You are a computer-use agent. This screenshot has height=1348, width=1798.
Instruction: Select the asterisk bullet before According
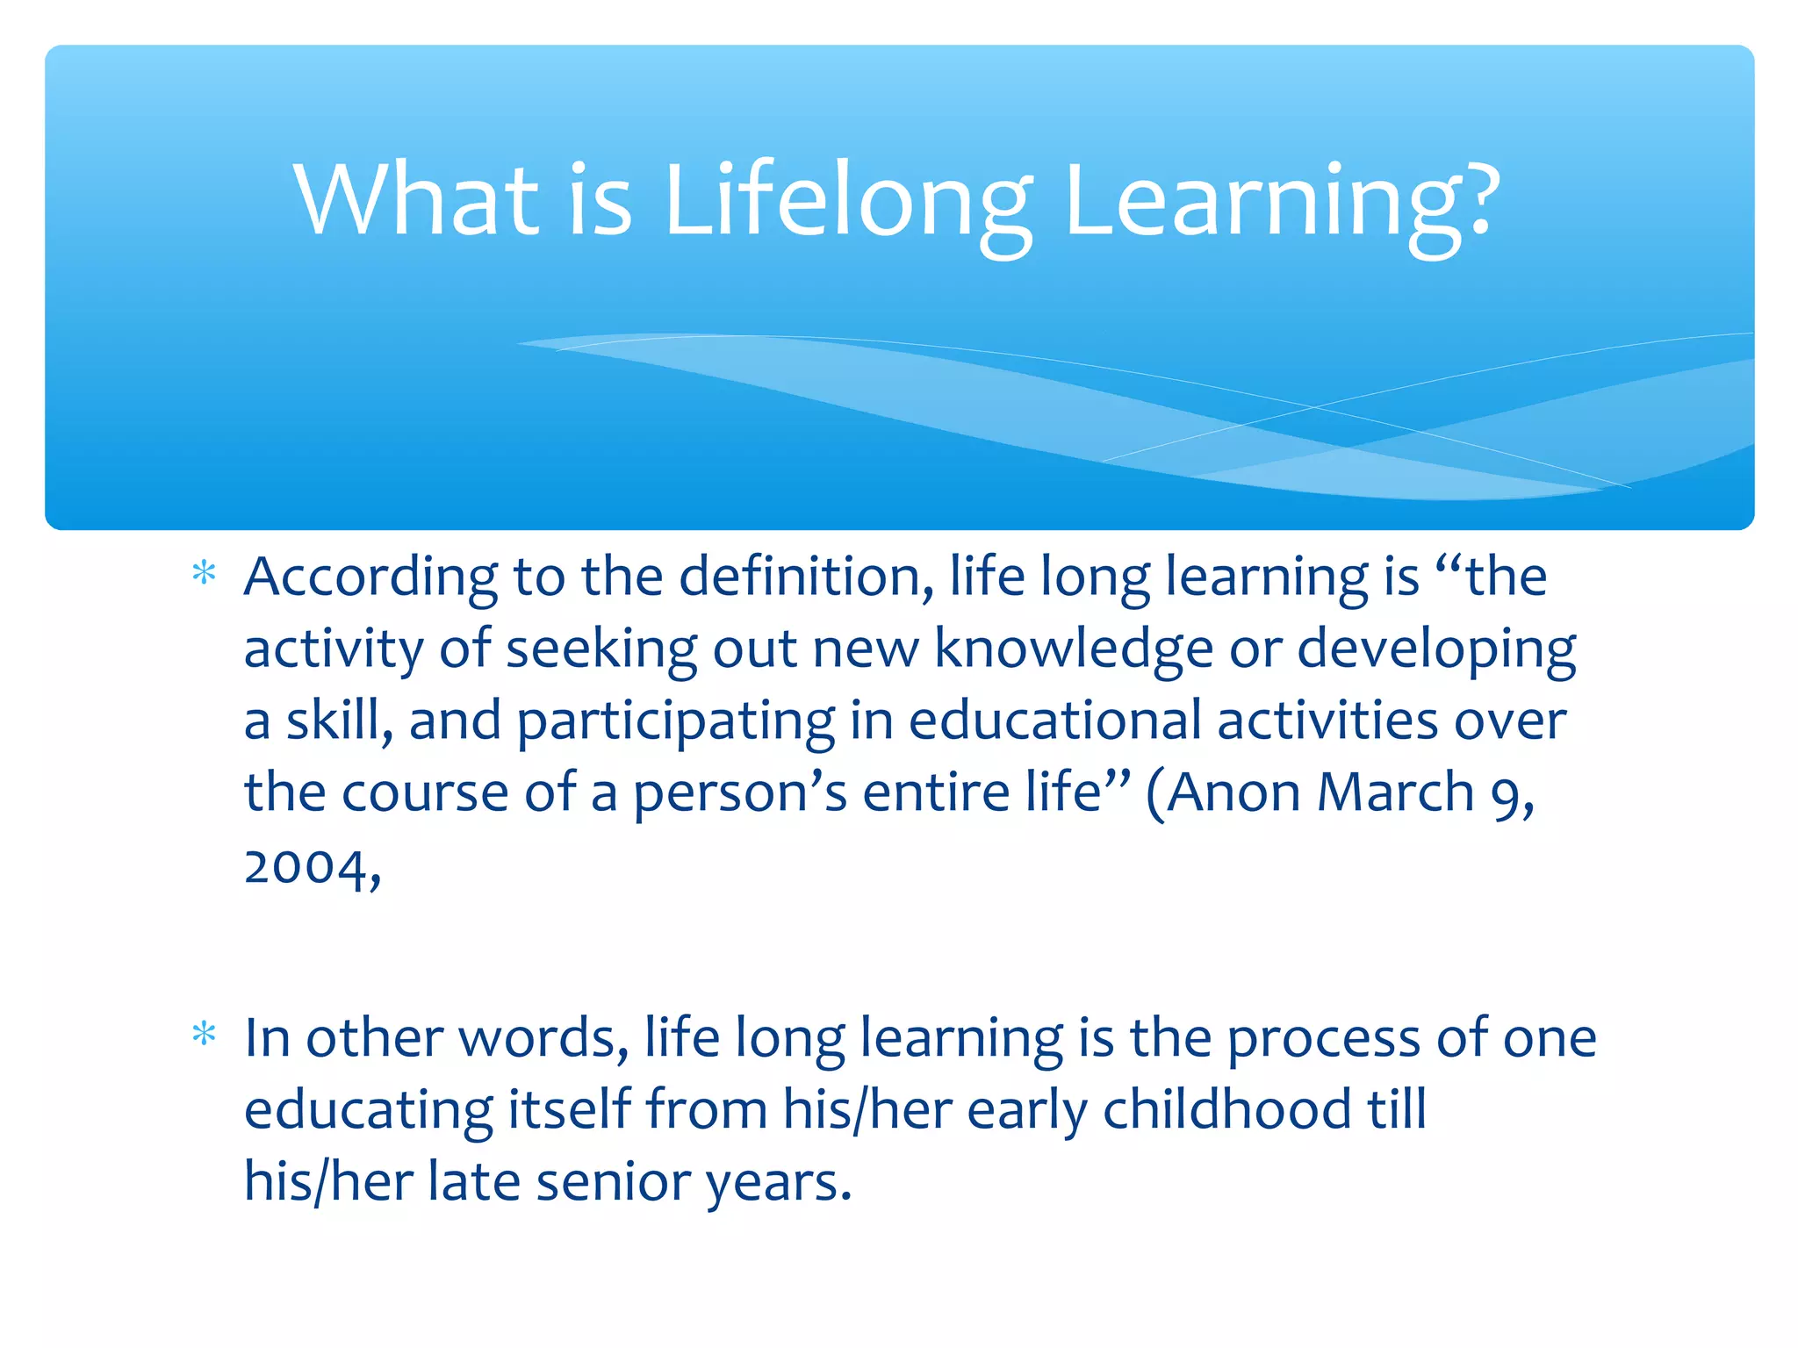pos(204,575)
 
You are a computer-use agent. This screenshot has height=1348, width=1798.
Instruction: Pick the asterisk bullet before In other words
pos(204,1035)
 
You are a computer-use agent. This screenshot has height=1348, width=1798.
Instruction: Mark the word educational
pos(1054,721)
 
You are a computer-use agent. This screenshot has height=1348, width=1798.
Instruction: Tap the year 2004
pos(307,867)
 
